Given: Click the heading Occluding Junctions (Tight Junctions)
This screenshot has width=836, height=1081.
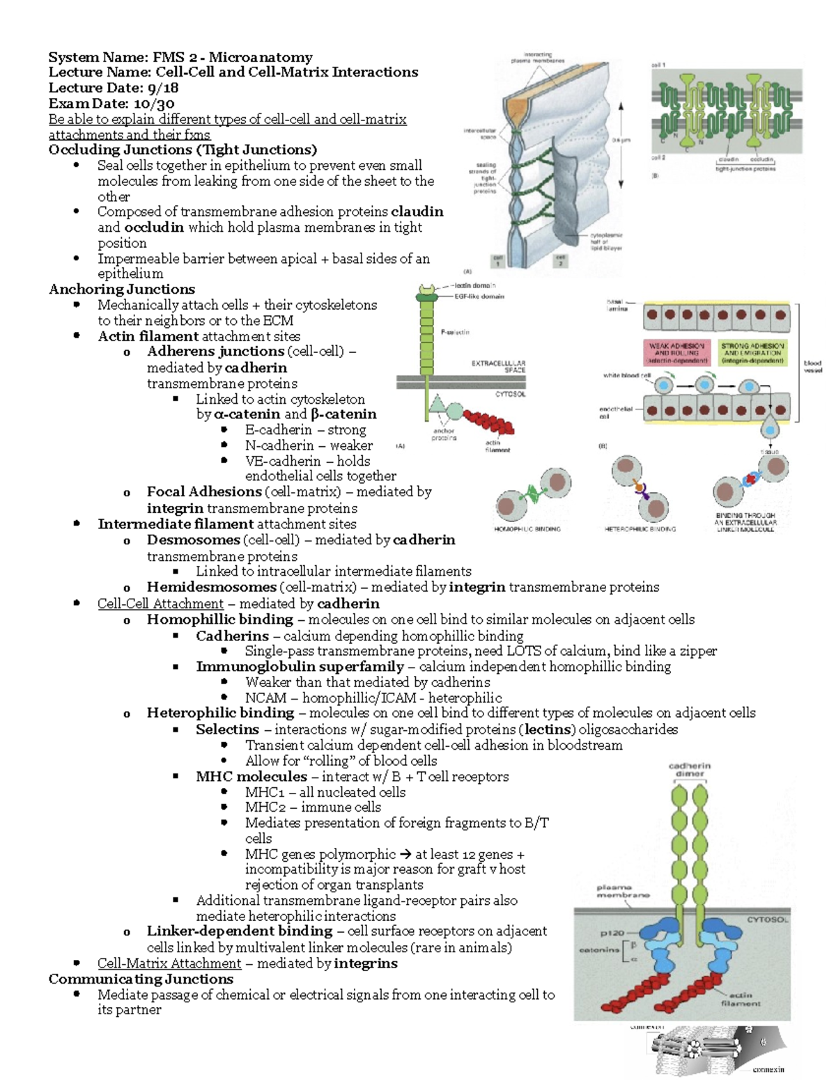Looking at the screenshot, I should (x=183, y=150).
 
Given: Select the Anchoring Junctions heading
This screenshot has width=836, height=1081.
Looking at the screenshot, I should (x=122, y=289).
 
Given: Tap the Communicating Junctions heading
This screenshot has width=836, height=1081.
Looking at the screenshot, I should (x=141, y=979).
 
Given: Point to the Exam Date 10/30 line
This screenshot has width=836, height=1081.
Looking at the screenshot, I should (x=111, y=103).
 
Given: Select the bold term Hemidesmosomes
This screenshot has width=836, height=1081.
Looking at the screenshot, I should (x=211, y=587).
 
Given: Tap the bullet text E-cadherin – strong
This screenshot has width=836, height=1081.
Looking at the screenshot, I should (x=305, y=429).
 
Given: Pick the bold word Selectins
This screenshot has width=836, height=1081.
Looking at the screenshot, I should (x=227, y=729).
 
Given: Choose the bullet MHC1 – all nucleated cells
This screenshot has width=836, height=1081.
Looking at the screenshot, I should (x=325, y=792).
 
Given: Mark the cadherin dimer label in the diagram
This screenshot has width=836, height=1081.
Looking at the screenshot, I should (x=690, y=769).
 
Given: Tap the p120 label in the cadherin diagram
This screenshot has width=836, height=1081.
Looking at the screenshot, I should (x=612, y=933).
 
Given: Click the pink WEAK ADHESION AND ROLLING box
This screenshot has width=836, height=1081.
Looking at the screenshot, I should (x=677, y=353).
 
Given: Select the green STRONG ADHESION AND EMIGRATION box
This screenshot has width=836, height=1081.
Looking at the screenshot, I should (x=752, y=353).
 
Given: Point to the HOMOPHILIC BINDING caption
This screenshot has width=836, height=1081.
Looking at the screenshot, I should (x=527, y=529).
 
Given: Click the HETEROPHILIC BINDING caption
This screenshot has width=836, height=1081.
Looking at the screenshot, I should (x=640, y=529).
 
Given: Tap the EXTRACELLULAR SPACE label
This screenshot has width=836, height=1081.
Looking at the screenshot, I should (x=499, y=366).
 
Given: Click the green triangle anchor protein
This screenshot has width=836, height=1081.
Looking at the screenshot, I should (x=438, y=403).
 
